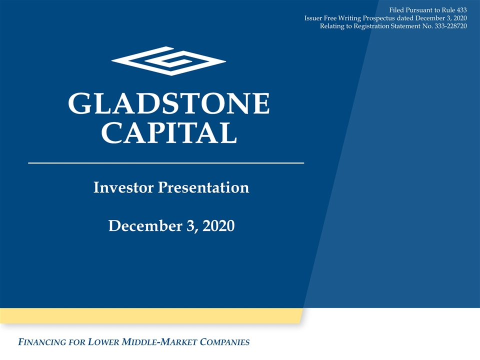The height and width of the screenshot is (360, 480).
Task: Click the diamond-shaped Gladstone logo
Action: [168, 61]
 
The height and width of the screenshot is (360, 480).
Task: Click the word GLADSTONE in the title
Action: [169, 103]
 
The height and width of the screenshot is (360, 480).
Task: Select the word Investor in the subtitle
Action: [123, 187]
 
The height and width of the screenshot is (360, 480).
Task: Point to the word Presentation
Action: [203, 188]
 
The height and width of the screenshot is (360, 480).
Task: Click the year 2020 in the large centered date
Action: [218, 226]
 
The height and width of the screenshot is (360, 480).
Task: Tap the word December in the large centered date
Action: [145, 226]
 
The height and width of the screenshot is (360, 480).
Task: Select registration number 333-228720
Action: [450, 26]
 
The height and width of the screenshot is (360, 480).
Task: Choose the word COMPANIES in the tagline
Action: [224, 342]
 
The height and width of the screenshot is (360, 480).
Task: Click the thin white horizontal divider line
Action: [166, 163]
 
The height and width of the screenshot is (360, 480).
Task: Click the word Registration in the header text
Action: [371, 26]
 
